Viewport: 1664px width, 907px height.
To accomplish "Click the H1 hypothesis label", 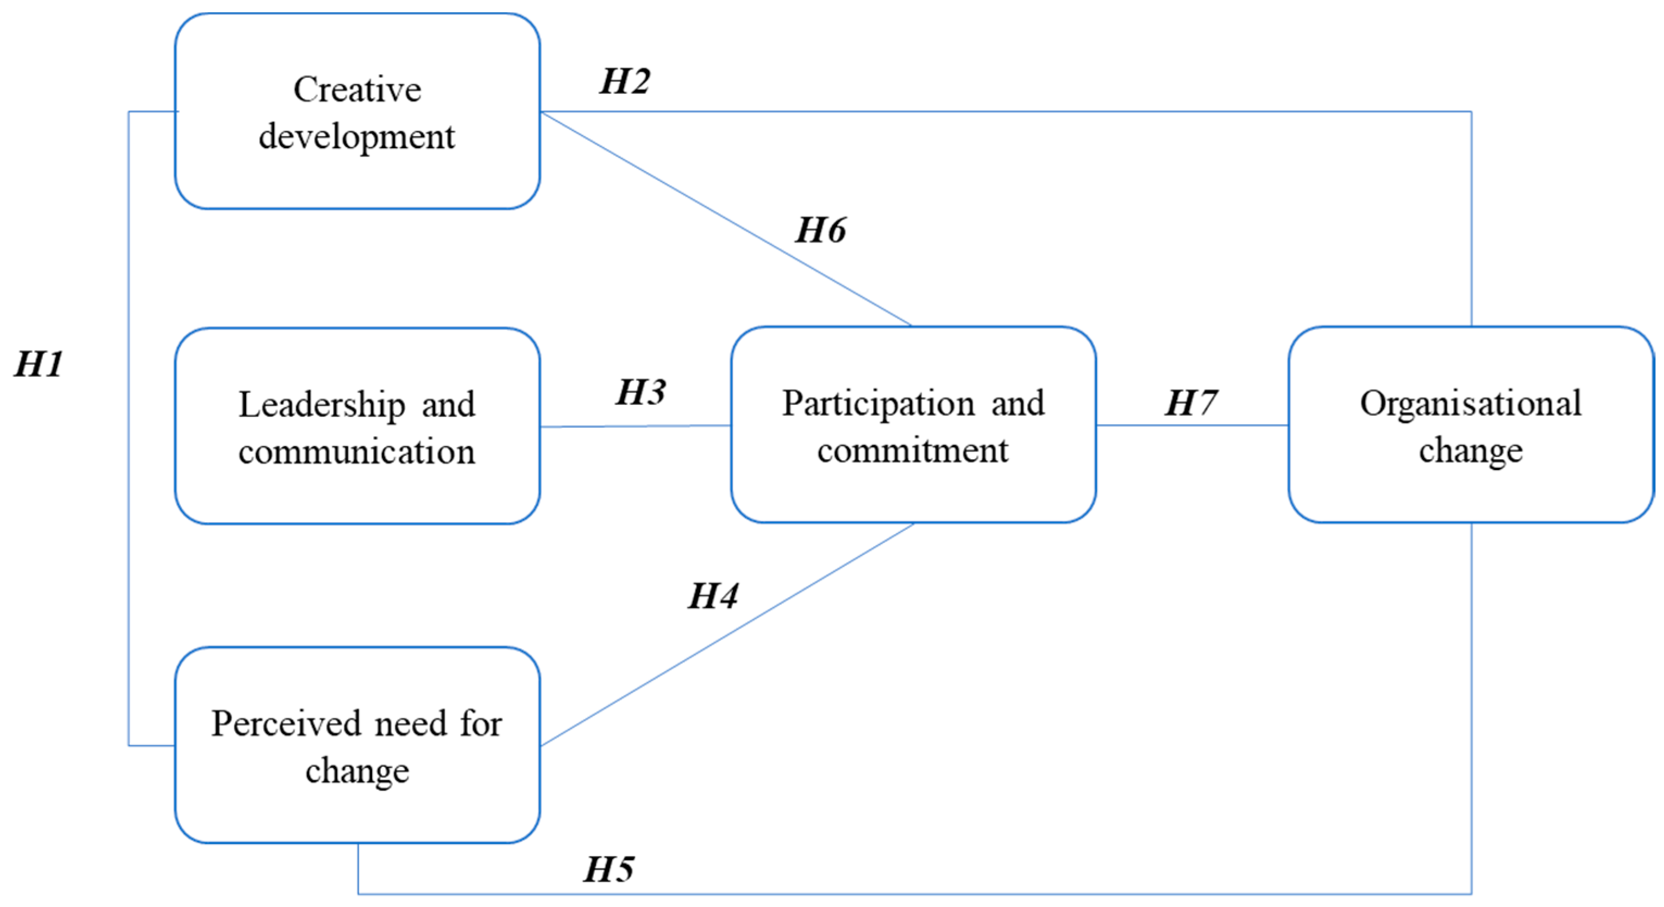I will (39, 364).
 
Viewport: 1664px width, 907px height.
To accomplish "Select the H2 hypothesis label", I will (625, 82).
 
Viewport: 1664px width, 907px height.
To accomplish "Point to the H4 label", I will (713, 596).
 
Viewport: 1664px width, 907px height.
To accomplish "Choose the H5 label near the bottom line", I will (608, 870).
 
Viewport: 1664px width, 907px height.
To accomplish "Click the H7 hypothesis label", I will (1190, 403).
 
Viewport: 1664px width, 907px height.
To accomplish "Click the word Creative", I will (357, 89).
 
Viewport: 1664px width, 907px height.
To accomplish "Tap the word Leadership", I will (322, 405).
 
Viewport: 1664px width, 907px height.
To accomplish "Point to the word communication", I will (356, 451).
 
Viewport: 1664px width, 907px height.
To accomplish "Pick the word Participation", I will (878, 403).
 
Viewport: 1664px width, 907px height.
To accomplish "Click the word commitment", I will (912, 450).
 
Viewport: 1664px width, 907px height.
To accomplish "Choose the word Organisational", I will (1470, 403).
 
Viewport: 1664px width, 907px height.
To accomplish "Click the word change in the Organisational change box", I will (1470, 451).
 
